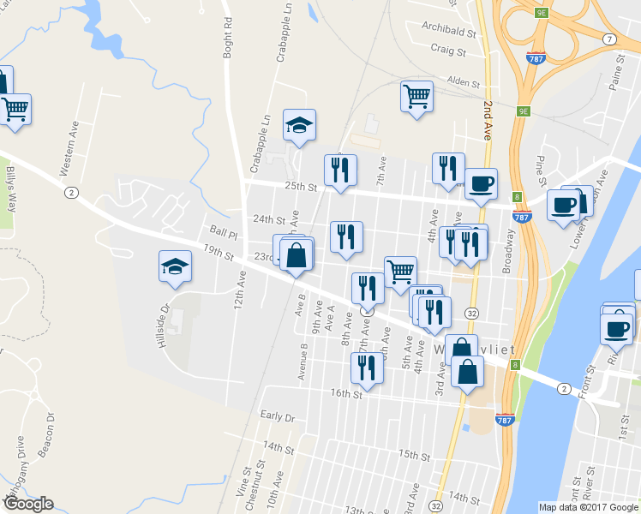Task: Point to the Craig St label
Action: click(447, 51)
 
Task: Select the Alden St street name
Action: click(463, 82)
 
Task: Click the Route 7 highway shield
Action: click(608, 39)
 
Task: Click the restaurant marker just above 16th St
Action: click(367, 368)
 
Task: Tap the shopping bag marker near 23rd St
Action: click(296, 255)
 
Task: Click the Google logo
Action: click(27, 504)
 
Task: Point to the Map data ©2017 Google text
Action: click(588, 507)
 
